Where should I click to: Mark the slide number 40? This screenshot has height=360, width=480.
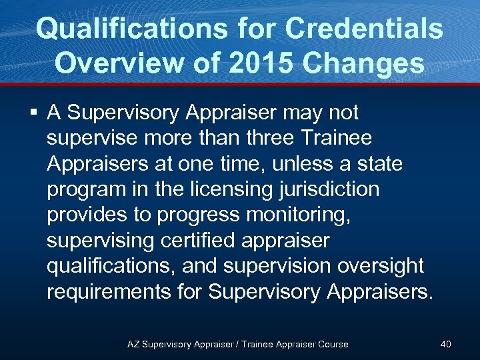point(445,344)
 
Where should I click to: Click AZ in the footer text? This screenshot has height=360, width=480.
point(133,344)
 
